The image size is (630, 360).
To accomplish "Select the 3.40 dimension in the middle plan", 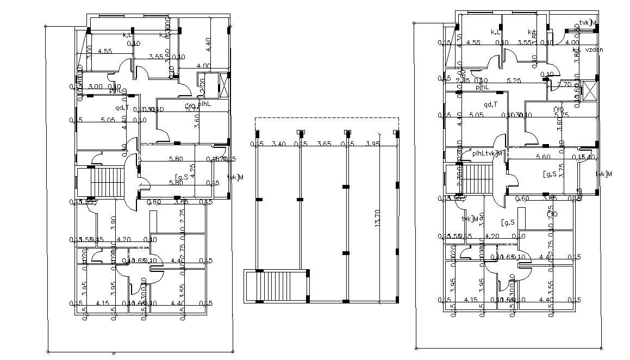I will click(x=278, y=144).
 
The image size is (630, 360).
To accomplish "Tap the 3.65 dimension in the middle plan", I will click(x=324, y=144).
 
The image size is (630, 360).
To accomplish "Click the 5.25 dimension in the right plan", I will click(x=514, y=80).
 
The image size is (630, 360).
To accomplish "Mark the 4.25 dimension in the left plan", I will click(x=200, y=171).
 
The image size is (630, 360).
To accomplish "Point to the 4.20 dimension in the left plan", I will click(x=124, y=239).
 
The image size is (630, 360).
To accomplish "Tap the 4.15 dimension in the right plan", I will click(x=471, y=300).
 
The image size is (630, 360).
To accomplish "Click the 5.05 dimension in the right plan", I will click(x=477, y=115).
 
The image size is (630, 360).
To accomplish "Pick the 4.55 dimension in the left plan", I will click(x=105, y=52).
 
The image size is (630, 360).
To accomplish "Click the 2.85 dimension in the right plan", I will click(x=463, y=80).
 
